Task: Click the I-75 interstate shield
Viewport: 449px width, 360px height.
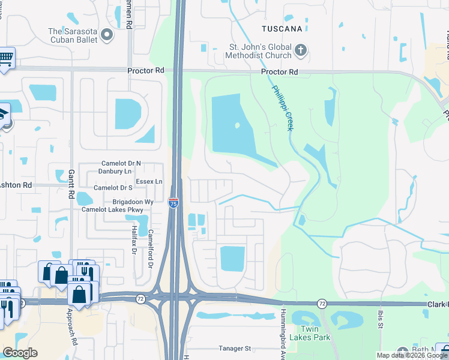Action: pyautogui.click(x=173, y=203)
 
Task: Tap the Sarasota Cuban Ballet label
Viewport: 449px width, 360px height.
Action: pyautogui.click(x=73, y=35)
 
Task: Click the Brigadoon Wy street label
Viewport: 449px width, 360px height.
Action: pyautogui.click(x=133, y=202)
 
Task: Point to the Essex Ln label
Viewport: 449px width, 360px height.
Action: pyautogui.click(x=149, y=181)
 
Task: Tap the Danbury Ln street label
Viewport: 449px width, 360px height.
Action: pyautogui.click(x=120, y=172)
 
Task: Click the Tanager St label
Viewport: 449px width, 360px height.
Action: pyautogui.click(x=234, y=348)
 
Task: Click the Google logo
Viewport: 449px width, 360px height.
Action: pyautogui.click(x=20, y=353)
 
